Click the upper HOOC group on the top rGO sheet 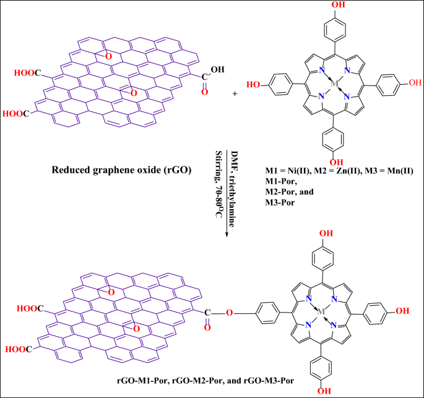pos(29,74)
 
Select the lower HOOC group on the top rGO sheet pos(15,114)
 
